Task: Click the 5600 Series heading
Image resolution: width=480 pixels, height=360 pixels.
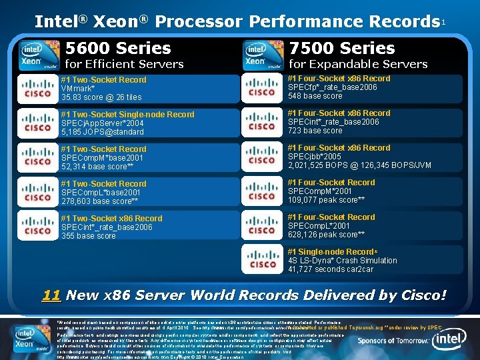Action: (117, 49)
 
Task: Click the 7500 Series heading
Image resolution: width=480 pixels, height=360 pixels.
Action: (342, 49)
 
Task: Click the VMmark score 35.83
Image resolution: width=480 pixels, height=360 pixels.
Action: (101, 97)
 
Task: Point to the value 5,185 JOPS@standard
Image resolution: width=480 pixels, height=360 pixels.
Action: (102, 131)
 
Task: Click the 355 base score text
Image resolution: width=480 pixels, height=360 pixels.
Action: (88, 235)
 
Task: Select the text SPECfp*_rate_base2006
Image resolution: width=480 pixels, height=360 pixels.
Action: (333, 87)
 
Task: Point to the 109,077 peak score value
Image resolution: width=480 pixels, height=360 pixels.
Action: (326, 199)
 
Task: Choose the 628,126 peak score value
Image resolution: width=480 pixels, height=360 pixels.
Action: (326, 234)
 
